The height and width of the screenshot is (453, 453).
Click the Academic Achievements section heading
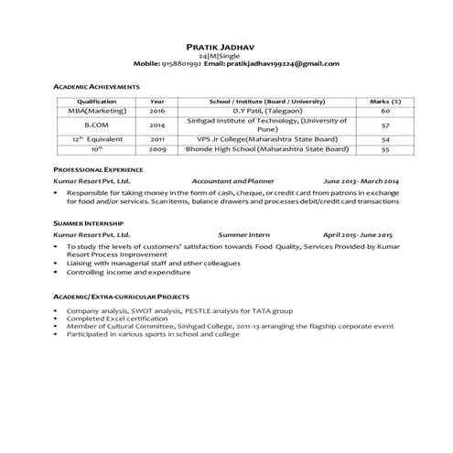[x=96, y=86]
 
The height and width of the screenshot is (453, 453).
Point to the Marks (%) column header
[x=385, y=101]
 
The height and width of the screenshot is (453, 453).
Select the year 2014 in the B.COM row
[x=157, y=124]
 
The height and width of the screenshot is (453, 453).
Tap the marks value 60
[x=385, y=110]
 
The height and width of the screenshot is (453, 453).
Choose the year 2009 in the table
[x=157, y=148]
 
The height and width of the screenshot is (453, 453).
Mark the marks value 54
[x=385, y=139]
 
